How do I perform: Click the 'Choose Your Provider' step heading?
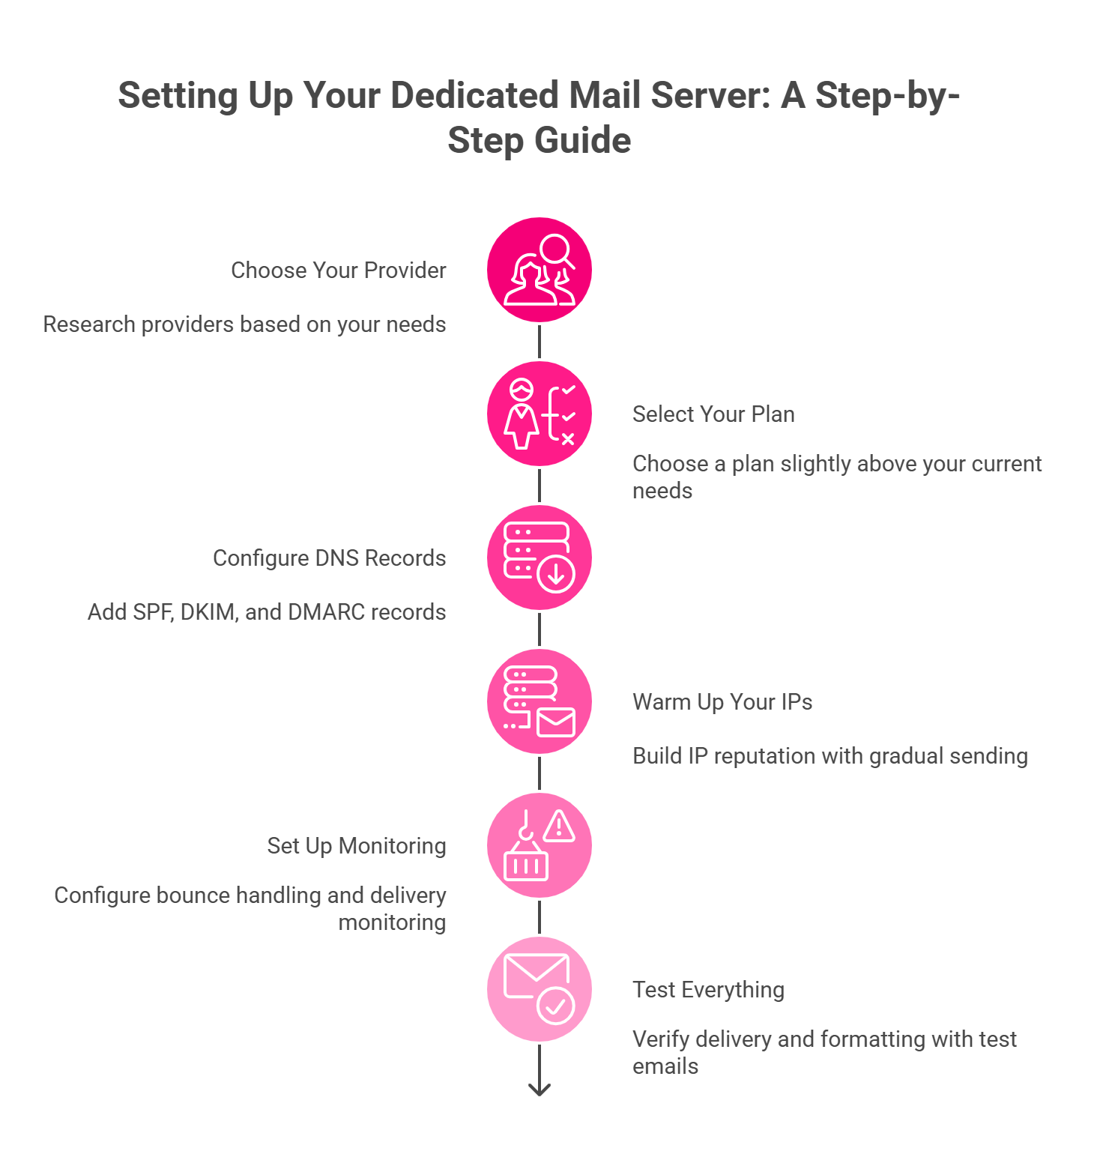tap(338, 270)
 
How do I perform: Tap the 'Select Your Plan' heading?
tap(713, 414)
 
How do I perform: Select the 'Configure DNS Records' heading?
tap(329, 558)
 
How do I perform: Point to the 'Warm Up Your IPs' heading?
tap(722, 701)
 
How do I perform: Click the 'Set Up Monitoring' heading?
tap(356, 845)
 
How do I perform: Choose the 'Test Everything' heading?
tap(707, 989)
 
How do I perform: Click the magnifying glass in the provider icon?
tap(557, 250)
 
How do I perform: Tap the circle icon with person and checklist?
tap(540, 414)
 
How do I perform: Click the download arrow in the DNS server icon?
tap(556, 574)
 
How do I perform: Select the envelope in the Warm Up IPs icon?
tap(556, 722)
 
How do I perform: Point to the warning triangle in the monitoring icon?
tap(559, 827)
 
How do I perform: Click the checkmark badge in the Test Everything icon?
tap(556, 1006)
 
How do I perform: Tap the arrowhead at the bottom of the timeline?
tap(540, 1089)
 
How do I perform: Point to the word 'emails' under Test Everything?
tap(665, 1066)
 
